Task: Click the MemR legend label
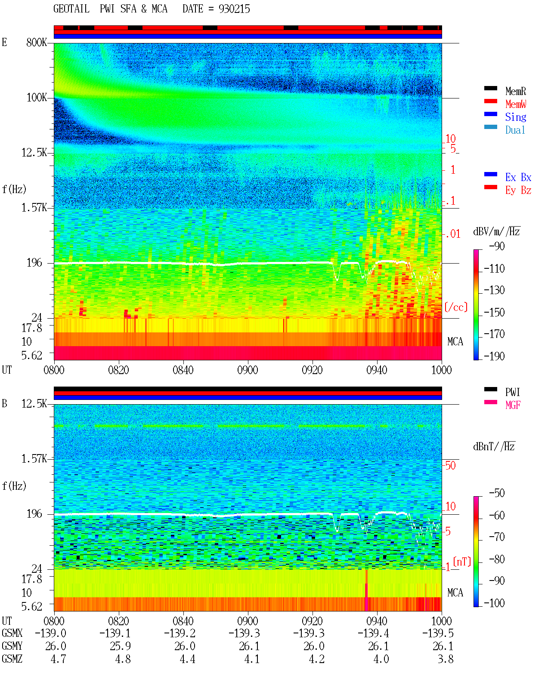click(515, 91)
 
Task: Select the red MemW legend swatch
click(490, 101)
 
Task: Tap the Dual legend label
click(515, 130)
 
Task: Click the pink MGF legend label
click(513, 405)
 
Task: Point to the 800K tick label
click(37, 42)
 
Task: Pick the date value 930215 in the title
click(234, 9)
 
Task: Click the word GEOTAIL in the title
click(71, 9)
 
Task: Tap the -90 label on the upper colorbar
click(497, 246)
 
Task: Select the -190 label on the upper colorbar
click(494, 356)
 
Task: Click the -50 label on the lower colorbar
click(497, 493)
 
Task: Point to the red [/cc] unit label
click(456, 307)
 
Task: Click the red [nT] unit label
click(462, 561)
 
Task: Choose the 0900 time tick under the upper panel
click(248, 370)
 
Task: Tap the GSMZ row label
click(12, 659)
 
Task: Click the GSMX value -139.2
click(180, 633)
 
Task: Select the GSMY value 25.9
click(120, 646)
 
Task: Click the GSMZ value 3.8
click(446, 659)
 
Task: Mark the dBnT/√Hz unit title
click(494, 447)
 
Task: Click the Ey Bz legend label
click(518, 190)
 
